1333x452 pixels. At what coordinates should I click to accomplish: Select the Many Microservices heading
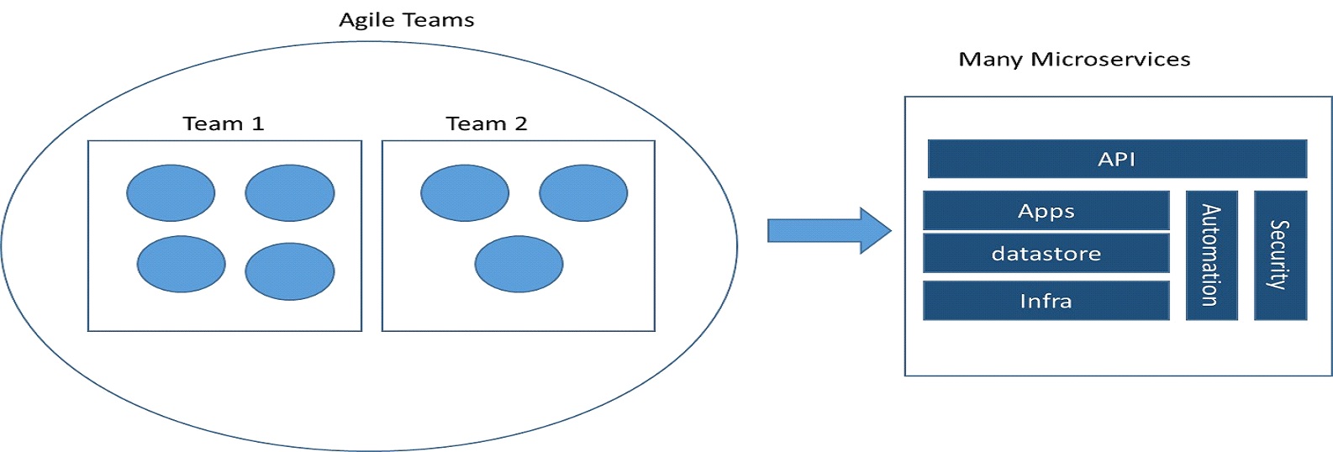[1074, 60]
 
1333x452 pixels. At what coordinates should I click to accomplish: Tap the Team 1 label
[224, 124]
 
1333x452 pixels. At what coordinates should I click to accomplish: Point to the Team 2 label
[487, 124]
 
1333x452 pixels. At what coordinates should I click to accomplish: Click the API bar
[1117, 159]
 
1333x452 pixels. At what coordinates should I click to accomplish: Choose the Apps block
[1046, 211]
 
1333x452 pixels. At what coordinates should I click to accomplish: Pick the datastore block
[1046, 254]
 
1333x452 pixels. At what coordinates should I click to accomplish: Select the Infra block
[1046, 301]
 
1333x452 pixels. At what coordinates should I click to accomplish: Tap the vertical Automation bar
[1212, 255]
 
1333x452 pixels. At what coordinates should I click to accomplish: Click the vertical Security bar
[1281, 255]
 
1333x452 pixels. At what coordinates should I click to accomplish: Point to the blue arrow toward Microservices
[830, 230]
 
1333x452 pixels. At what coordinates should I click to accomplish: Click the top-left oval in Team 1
[171, 192]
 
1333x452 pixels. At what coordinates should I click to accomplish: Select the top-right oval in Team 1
[290, 192]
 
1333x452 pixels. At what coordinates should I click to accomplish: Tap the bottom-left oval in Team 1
[182, 264]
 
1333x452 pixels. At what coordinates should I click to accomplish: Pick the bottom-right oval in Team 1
[290, 271]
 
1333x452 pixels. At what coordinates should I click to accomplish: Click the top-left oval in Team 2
[465, 192]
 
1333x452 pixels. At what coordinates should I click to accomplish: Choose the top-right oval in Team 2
[583, 192]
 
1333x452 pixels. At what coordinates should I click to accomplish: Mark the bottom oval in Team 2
[519, 264]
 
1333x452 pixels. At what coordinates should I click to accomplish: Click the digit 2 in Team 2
[521, 124]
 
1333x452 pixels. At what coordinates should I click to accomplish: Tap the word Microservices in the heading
[1110, 60]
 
